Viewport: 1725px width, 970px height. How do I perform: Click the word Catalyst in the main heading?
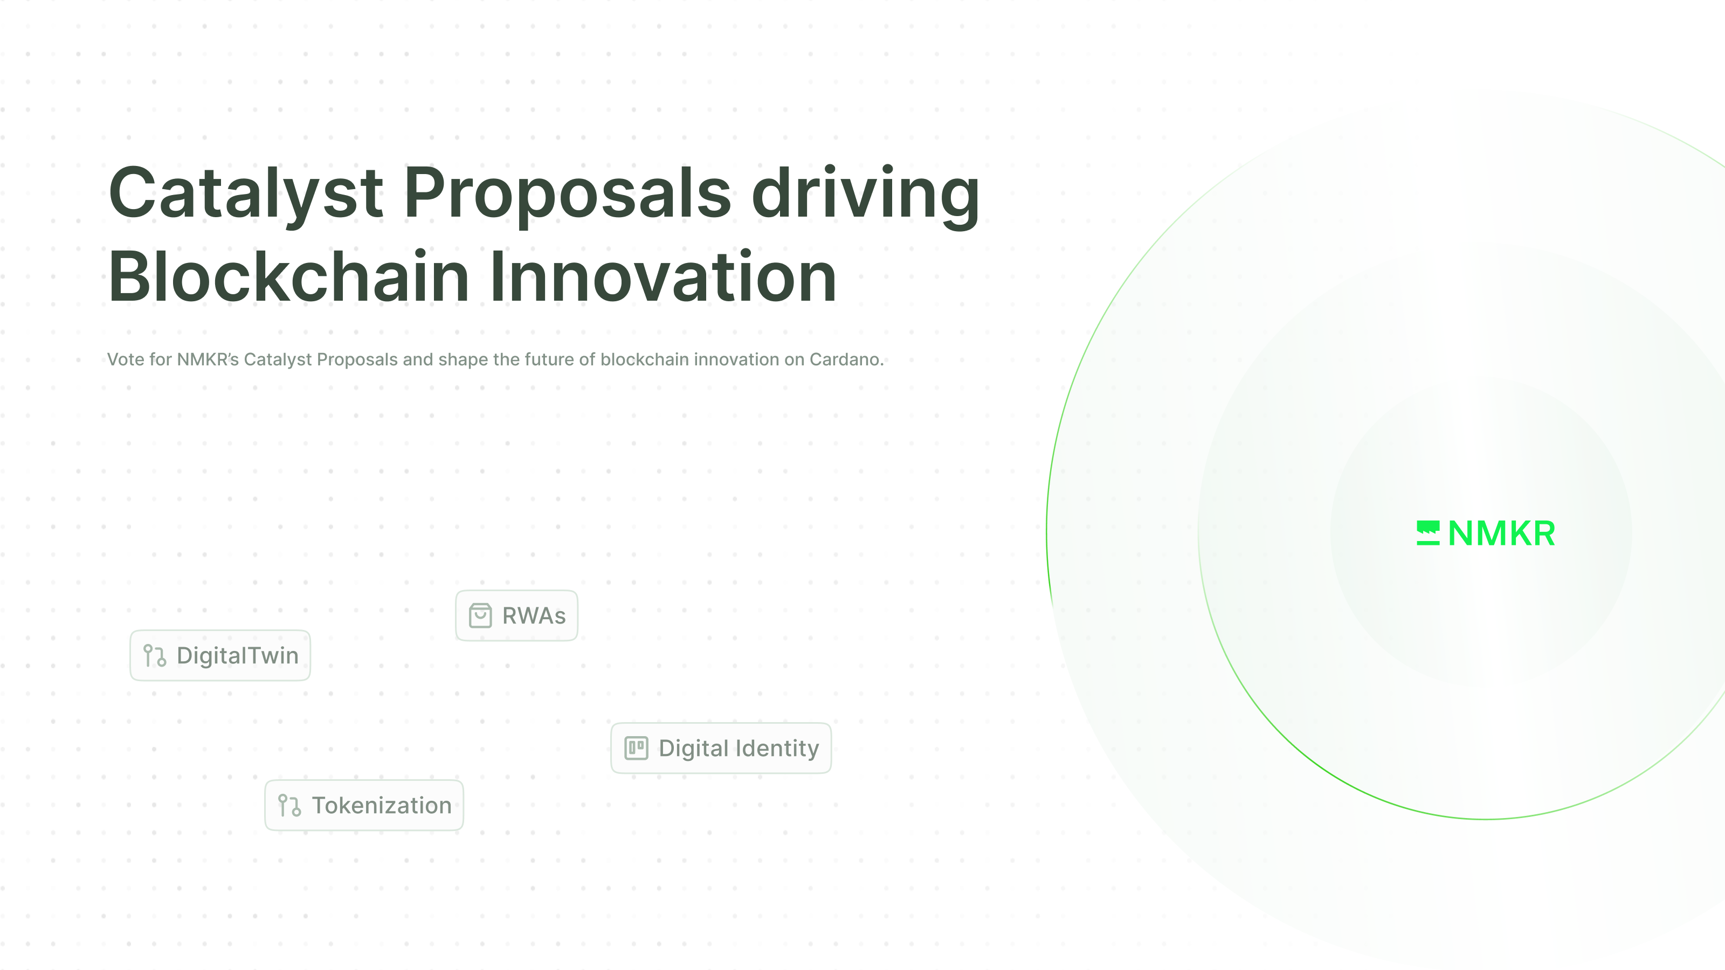coord(245,193)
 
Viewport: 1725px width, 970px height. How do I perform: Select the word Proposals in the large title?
coord(567,193)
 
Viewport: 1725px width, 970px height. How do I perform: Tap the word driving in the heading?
coord(866,193)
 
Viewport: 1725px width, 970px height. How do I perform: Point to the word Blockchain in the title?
coord(288,276)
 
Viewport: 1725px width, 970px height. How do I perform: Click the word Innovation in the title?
coord(663,276)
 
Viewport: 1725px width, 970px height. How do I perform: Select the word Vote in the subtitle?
coord(126,359)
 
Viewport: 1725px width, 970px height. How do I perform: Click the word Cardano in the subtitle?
coord(845,359)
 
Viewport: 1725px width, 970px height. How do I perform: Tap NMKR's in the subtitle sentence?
coord(208,359)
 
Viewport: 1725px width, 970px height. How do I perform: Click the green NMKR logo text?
coord(1501,533)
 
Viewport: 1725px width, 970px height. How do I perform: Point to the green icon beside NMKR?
coord(1427,533)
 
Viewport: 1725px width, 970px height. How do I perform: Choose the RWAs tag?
coord(534,616)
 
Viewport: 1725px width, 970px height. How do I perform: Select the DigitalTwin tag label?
coord(238,655)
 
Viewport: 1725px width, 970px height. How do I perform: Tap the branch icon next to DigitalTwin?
coord(155,656)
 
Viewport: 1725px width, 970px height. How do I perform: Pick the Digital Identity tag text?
coord(739,749)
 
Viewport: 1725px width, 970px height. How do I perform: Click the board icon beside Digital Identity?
coord(636,748)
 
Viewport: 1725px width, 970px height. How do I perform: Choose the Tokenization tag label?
coord(382,805)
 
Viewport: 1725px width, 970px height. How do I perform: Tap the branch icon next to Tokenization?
coord(289,805)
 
